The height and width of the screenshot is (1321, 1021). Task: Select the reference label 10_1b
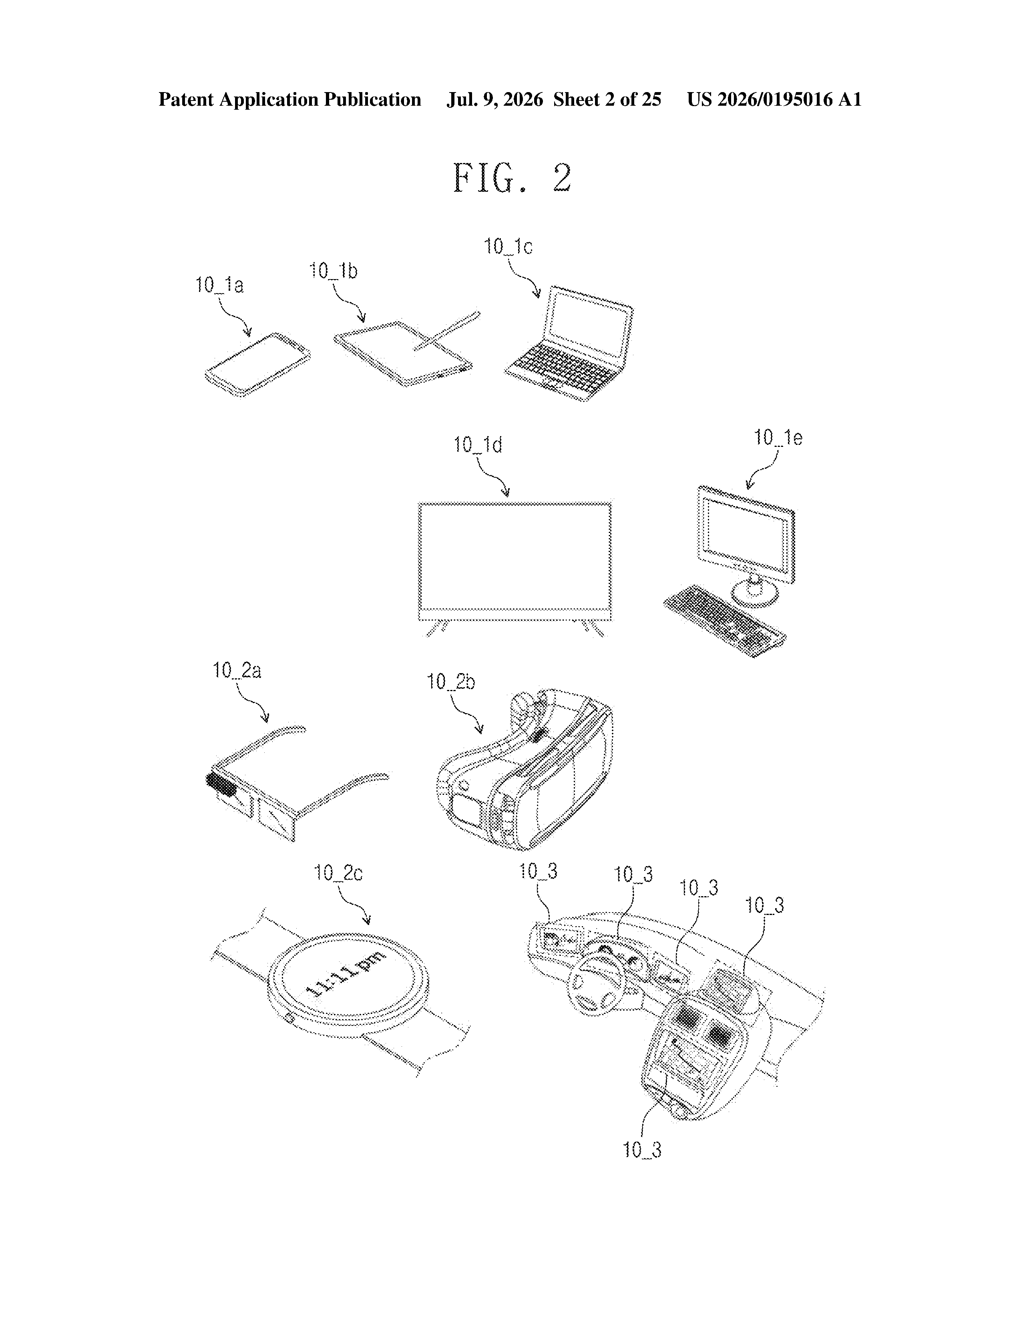pos(333,270)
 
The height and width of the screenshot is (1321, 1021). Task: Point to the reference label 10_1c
pos(508,246)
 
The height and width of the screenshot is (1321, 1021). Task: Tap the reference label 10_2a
pos(237,670)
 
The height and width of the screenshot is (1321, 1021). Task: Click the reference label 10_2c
pos(338,873)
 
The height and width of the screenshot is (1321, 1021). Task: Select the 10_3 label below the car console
pos(642,1149)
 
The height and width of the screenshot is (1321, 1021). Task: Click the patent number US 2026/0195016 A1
pos(774,99)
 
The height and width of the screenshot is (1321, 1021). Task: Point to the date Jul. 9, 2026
pos(495,99)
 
